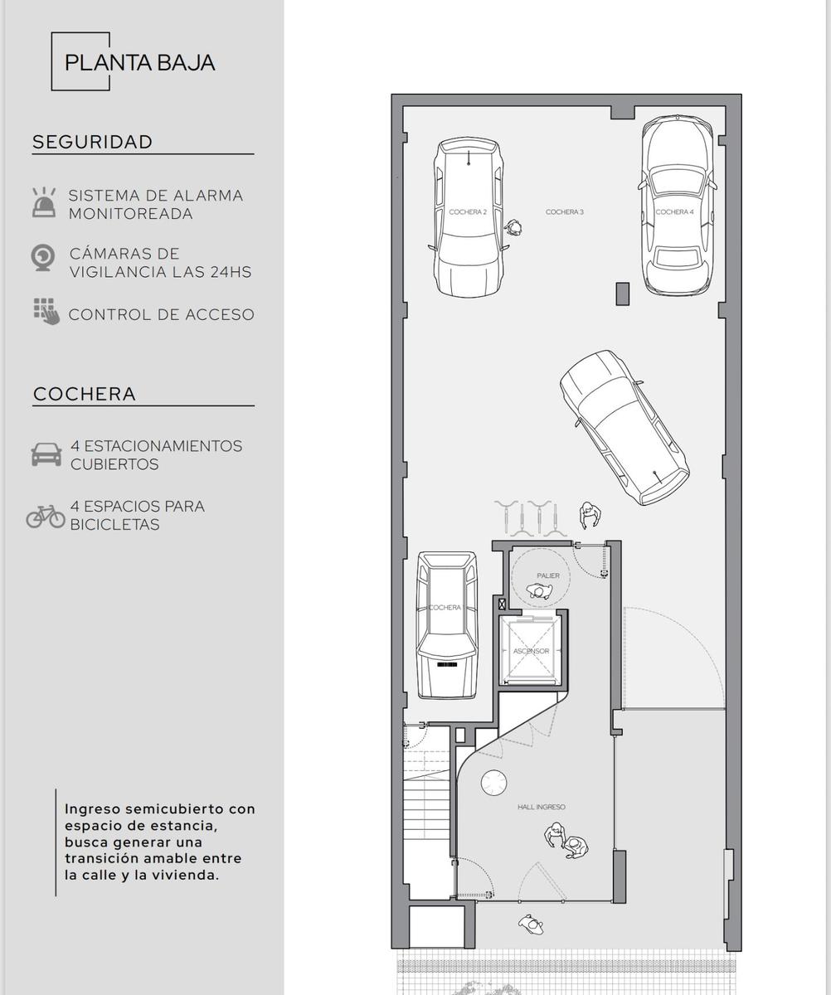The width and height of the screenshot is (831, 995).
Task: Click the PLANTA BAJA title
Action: click(139, 63)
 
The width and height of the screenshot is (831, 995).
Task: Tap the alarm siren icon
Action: click(44, 202)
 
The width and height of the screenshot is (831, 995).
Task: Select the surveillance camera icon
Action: click(43, 258)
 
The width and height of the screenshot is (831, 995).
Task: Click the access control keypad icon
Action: click(46, 312)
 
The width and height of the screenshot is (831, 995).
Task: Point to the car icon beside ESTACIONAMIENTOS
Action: click(46, 454)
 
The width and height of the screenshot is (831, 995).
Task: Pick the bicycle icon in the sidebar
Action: click(46, 517)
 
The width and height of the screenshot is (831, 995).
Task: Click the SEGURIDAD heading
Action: click(93, 142)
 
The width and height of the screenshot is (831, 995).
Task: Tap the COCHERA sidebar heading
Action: click(85, 394)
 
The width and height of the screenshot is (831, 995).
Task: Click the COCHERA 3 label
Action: click(565, 212)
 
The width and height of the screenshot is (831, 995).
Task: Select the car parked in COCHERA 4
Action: click(678, 204)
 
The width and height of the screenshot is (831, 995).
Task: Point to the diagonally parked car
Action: click(624, 428)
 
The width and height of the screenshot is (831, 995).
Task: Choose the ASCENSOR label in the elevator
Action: click(531, 651)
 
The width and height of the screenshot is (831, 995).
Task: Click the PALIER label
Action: click(548, 575)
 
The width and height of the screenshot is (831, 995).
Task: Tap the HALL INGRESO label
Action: click(542, 807)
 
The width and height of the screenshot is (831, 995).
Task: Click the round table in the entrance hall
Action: click(493, 783)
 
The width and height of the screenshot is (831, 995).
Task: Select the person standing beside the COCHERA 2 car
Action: click(513, 227)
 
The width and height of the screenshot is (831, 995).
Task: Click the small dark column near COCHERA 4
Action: click(623, 294)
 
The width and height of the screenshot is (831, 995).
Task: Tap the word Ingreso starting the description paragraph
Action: click(95, 810)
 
